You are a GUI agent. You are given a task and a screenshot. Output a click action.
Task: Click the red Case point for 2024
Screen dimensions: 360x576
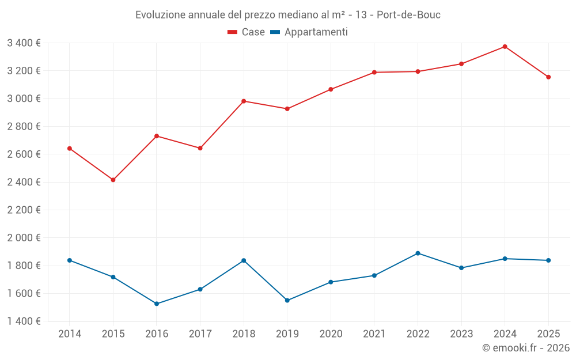tap(505, 47)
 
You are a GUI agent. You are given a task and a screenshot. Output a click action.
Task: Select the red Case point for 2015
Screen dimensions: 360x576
tap(113, 180)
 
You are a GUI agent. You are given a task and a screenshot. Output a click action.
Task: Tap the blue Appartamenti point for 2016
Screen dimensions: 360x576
tap(157, 304)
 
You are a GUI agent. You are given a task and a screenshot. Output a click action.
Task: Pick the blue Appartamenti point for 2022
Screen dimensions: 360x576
tap(418, 253)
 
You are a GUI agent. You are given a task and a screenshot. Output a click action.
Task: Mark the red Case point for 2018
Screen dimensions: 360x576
tap(244, 101)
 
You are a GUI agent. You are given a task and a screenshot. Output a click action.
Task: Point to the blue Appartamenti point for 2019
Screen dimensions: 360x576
tap(287, 300)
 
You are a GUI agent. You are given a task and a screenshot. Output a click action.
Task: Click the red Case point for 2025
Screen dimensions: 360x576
tap(548, 77)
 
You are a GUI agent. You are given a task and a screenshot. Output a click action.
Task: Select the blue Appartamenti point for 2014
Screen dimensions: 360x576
tap(70, 260)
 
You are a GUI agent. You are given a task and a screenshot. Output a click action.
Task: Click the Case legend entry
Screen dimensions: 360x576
tap(246, 32)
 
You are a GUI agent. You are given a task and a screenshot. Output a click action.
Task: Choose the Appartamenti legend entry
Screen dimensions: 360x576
tap(309, 32)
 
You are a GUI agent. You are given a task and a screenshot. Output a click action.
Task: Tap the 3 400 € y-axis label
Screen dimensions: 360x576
tap(24, 43)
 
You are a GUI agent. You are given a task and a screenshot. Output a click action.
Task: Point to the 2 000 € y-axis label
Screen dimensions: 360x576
tap(24, 238)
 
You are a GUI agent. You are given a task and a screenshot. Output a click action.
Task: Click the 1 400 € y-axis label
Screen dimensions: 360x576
tap(24, 321)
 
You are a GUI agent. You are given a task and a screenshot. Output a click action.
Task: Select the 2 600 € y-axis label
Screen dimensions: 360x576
tap(24, 154)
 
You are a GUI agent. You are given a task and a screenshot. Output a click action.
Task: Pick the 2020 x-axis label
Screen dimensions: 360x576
tap(331, 334)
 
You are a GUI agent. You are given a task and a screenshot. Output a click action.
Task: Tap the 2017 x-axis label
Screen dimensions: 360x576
tap(200, 334)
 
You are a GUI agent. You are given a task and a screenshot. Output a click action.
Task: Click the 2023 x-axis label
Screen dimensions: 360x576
tap(461, 334)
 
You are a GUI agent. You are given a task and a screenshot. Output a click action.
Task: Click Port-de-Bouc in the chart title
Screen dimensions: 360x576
tap(408, 15)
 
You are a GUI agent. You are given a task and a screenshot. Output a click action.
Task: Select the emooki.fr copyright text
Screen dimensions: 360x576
tap(525, 348)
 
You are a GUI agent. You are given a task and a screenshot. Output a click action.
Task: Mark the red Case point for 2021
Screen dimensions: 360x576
tap(374, 73)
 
